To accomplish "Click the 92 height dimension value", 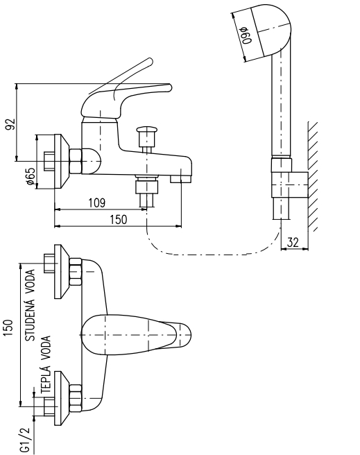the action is coord(10,124).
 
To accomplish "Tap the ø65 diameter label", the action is coord(31,176).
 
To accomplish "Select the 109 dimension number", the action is coord(97,203).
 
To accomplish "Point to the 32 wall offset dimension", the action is coord(293,242).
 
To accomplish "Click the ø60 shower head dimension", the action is coord(246,35).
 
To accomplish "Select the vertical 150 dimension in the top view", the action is coord(8,328).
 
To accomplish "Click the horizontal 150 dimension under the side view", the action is coord(119,220).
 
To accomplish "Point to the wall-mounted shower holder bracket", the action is coord(289,184).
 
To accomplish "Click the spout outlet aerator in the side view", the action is coord(180,180).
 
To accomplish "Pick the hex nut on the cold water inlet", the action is coord(76,272).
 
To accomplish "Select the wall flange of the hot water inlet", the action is coord(62,398).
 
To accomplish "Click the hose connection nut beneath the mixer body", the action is coord(147,187).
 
